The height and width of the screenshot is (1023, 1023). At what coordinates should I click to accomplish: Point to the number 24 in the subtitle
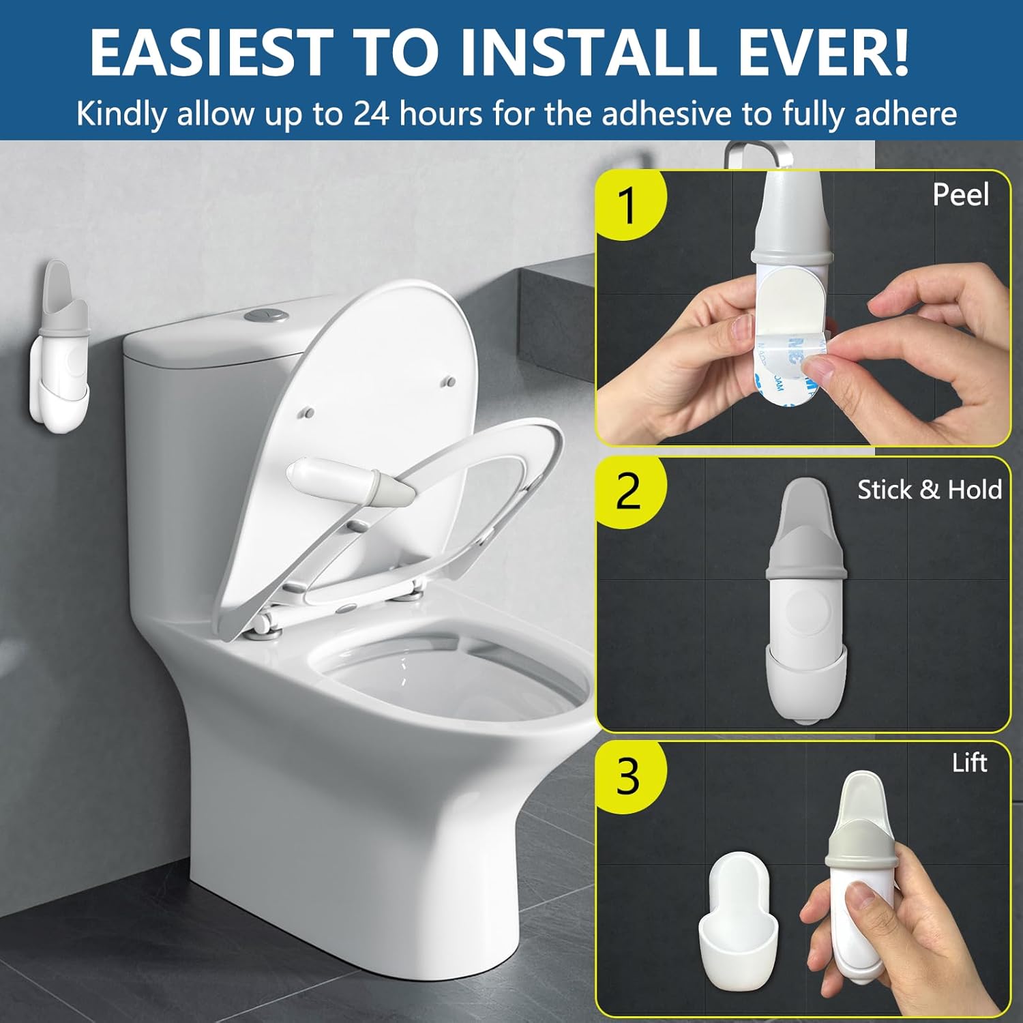371,113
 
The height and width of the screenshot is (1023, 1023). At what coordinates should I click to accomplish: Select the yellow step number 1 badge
628,205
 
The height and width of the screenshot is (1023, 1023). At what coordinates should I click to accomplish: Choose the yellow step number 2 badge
628,490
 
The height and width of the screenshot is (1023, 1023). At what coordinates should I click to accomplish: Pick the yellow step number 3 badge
628,775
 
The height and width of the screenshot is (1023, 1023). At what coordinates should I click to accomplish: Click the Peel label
960,195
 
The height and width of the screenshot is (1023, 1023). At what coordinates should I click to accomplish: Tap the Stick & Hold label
929,490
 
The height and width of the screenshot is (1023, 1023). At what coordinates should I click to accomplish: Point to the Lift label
969,762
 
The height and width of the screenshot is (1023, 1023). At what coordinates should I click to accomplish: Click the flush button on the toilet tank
263,316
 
